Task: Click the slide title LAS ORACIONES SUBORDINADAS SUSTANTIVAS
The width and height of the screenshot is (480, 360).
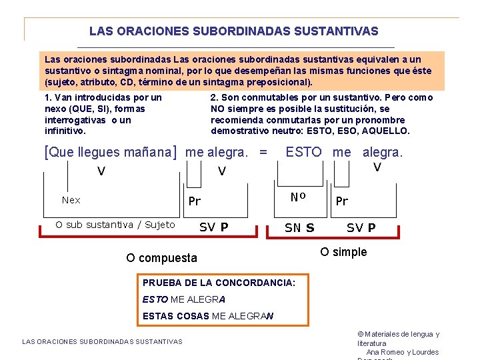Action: click(x=233, y=31)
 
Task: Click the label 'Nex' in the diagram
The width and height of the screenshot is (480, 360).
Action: click(x=71, y=200)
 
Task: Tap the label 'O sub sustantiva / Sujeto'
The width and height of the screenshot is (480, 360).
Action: click(x=115, y=225)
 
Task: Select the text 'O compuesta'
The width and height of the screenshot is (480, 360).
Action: click(x=161, y=258)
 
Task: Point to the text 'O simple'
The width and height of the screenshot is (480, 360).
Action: click(x=343, y=252)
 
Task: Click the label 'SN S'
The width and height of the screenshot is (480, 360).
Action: click(x=299, y=227)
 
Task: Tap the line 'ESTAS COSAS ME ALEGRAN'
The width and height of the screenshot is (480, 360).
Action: click(x=208, y=316)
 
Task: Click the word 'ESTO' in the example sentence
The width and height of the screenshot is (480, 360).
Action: click(x=303, y=152)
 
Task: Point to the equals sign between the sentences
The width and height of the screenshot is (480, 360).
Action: click(x=263, y=152)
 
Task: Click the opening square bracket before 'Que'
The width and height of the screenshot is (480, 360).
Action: click(x=46, y=152)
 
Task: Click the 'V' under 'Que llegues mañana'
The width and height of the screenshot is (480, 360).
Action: click(x=101, y=171)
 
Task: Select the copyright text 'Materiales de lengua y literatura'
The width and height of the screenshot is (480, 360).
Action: click(x=399, y=339)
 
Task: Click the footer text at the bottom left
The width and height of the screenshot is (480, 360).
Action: click(x=102, y=342)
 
